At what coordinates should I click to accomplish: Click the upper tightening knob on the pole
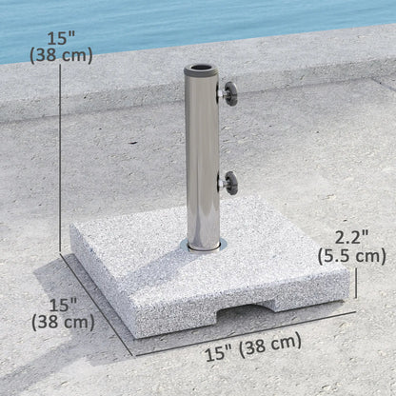pyautogui.click(x=229, y=94)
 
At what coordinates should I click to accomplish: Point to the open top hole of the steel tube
pyautogui.click(x=203, y=69)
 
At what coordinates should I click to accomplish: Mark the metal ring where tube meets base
pyautogui.click(x=203, y=246)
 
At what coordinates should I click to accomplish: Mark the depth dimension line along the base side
pyautogui.click(x=95, y=300)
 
